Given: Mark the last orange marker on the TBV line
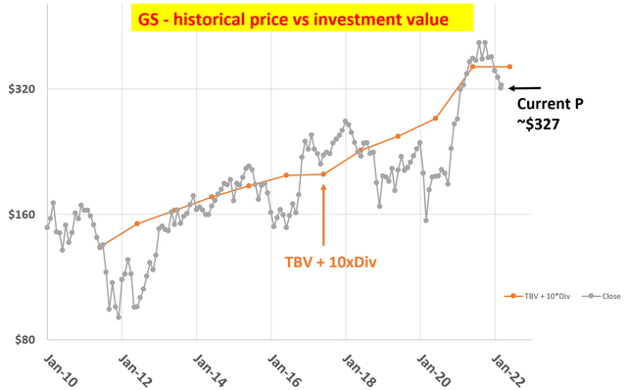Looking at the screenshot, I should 509,67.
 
